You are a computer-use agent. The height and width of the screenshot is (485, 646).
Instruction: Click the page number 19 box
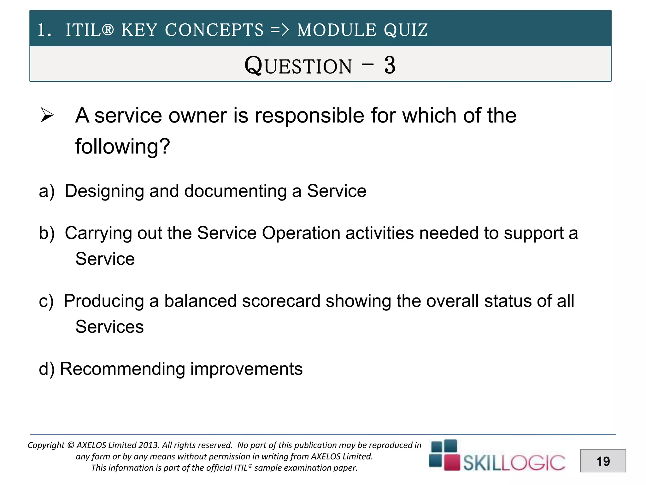click(x=603, y=461)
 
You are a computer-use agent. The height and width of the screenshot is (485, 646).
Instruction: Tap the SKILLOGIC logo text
click(x=514, y=463)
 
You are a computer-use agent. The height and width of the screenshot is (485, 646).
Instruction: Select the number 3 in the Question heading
click(x=390, y=65)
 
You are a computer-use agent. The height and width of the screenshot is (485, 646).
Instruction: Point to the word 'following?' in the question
click(x=122, y=147)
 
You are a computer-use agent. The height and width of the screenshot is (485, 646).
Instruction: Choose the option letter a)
click(x=47, y=191)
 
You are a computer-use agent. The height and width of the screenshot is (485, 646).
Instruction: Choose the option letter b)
click(x=47, y=233)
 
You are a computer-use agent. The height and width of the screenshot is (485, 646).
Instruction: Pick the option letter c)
click(x=46, y=301)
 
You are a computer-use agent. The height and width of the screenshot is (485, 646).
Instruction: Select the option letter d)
click(x=47, y=369)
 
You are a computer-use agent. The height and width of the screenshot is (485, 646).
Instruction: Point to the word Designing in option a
click(x=104, y=191)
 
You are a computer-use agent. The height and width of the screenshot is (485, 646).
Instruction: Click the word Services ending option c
click(x=109, y=327)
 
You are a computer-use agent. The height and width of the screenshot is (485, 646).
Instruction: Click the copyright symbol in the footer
click(x=71, y=445)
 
